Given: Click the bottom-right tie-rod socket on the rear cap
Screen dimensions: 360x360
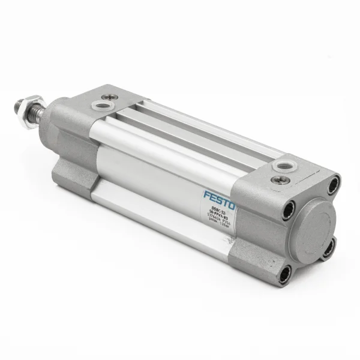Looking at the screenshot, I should [328, 248].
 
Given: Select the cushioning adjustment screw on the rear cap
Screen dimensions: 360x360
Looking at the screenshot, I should [280, 179].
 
